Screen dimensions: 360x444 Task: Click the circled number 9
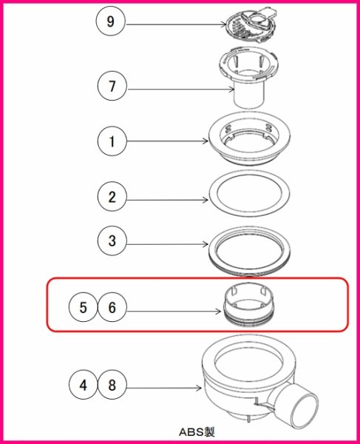click(x=110, y=21)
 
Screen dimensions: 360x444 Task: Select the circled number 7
click(x=112, y=86)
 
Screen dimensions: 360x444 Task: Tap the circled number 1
click(x=112, y=141)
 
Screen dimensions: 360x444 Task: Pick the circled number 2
click(x=112, y=197)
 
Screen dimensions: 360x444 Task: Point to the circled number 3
click(x=112, y=240)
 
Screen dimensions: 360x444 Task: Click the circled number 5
click(x=83, y=307)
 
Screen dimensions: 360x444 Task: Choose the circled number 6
click(x=112, y=307)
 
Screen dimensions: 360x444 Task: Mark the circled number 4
click(x=83, y=385)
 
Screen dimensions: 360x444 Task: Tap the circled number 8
click(x=112, y=385)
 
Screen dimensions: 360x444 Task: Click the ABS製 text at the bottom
click(x=197, y=432)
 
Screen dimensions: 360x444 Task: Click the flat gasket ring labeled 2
click(x=249, y=194)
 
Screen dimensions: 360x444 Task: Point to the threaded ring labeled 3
click(x=249, y=251)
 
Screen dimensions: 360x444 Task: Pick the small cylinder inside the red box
click(x=249, y=304)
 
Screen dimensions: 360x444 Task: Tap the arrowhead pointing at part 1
click(x=206, y=141)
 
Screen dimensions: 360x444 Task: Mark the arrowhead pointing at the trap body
click(x=199, y=388)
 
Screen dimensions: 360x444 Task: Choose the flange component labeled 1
click(x=249, y=138)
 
